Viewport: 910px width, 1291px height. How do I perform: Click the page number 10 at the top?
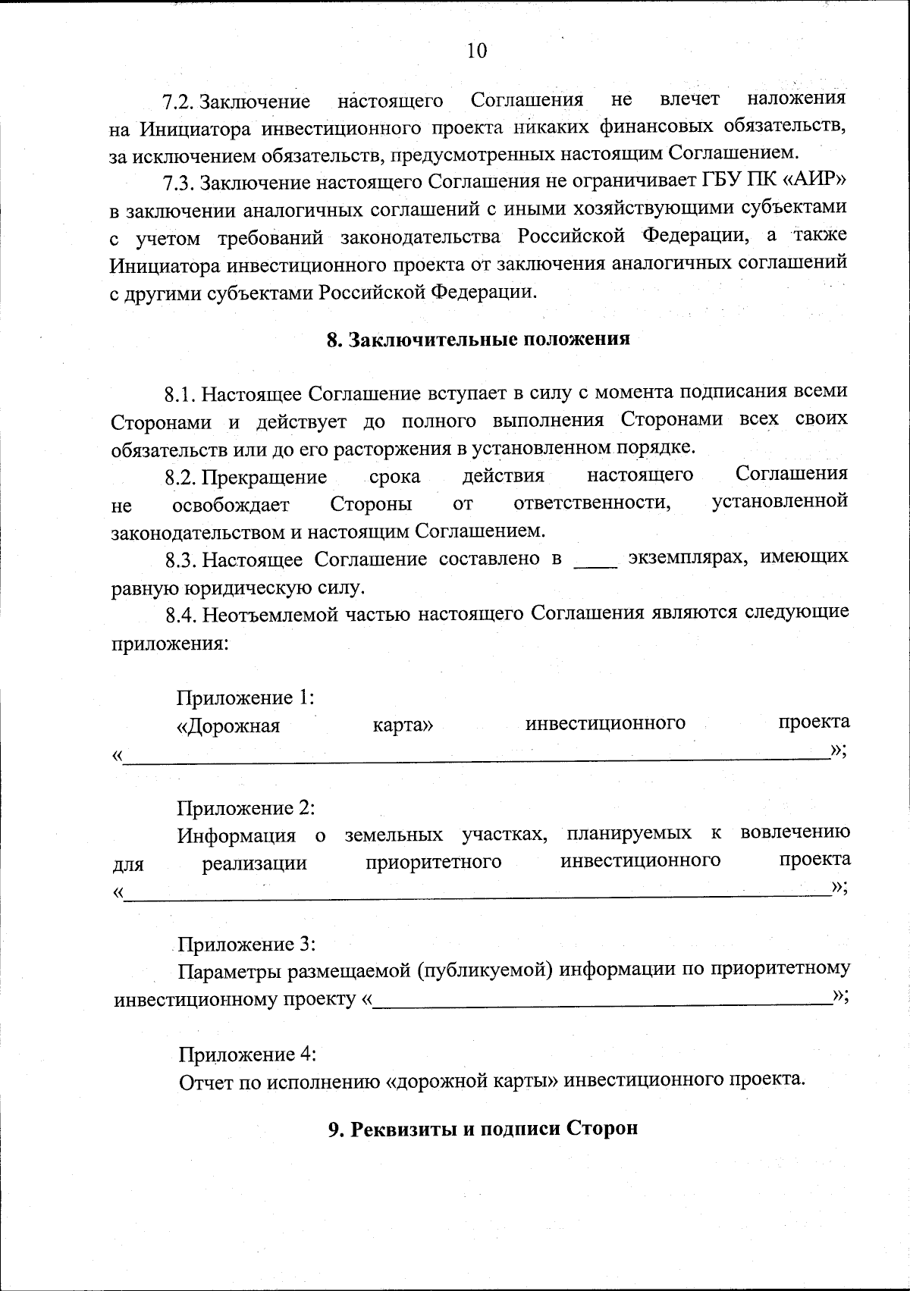[x=477, y=51]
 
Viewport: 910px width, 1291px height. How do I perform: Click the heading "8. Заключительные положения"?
[x=478, y=339]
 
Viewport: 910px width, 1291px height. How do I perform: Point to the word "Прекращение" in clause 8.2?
[x=265, y=478]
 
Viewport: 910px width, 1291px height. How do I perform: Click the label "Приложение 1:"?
[x=246, y=697]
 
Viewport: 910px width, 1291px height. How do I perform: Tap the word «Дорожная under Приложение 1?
[x=228, y=726]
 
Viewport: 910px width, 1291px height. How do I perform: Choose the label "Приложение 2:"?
[x=246, y=808]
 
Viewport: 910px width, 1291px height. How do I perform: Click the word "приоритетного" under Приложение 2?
[x=433, y=862]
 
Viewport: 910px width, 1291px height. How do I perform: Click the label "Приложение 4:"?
[x=247, y=1054]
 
